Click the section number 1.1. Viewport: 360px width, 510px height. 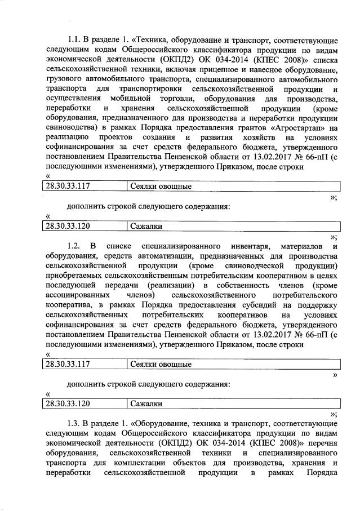[x=74, y=41]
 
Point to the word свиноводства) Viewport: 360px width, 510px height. [x=68, y=128]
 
